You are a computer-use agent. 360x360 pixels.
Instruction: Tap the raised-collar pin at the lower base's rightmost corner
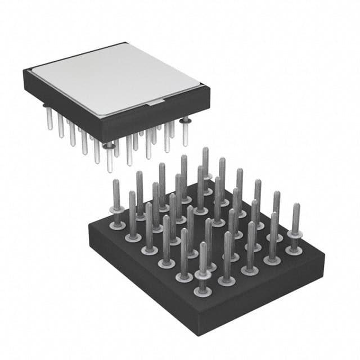[x=295, y=231]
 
